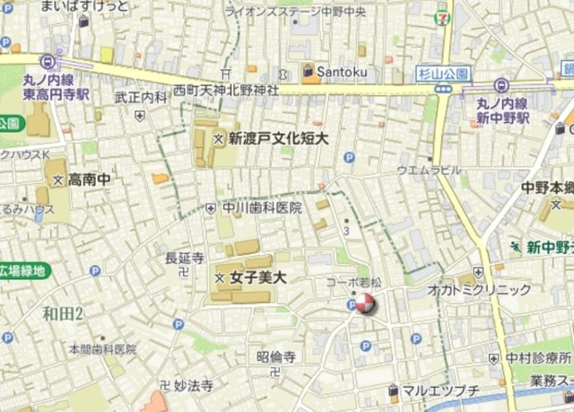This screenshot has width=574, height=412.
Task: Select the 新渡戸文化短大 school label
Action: point(278,138)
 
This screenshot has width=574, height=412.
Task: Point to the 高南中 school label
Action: point(89,180)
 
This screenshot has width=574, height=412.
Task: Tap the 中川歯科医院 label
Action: point(262,207)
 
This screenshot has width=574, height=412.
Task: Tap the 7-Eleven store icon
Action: point(442,16)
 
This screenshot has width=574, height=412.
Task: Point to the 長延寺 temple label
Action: point(185,259)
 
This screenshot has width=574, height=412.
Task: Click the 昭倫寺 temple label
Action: point(276,356)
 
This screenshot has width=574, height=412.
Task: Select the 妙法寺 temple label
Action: point(194,387)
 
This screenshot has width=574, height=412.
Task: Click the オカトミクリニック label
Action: point(479,290)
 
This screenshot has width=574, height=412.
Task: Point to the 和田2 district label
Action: point(63,313)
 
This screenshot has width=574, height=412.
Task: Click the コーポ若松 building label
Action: point(353,282)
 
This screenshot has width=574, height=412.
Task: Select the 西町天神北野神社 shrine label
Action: point(226,91)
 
